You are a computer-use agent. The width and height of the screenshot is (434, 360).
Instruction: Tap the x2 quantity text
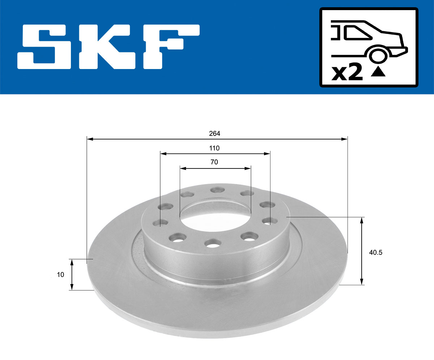pyautogui.click(x=347, y=73)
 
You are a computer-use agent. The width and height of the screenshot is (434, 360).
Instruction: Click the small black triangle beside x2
pyautogui.click(x=378, y=72)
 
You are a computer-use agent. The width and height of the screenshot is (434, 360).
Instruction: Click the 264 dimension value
pyautogui.click(x=214, y=133)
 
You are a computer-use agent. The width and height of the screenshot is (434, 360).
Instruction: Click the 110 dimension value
pyautogui.click(x=214, y=148)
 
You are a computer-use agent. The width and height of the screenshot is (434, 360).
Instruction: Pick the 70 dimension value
pyautogui.click(x=214, y=162)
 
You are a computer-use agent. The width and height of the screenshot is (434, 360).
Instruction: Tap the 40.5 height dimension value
pyautogui.click(x=375, y=253)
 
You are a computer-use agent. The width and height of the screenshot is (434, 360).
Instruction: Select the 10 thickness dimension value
pyautogui.click(x=60, y=275)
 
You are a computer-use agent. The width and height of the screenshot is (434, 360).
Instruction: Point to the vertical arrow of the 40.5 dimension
pyautogui.click(x=361, y=251)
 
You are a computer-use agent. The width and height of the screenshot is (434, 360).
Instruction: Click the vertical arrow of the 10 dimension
pyautogui.click(x=72, y=275)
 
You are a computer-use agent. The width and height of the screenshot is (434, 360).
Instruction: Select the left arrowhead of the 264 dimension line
pyautogui.click(x=90, y=139)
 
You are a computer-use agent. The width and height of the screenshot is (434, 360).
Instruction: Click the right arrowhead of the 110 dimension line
pyautogui.click(x=267, y=154)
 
